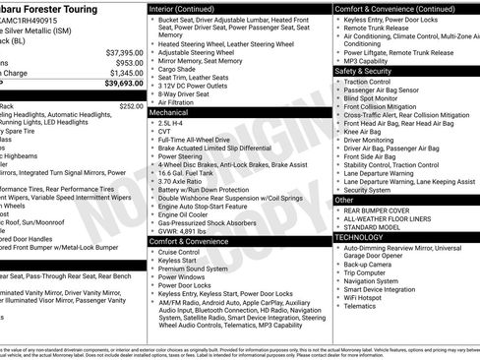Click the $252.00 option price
click(131, 105)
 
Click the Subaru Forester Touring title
click(55, 8)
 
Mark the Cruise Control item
click(185, 252)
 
